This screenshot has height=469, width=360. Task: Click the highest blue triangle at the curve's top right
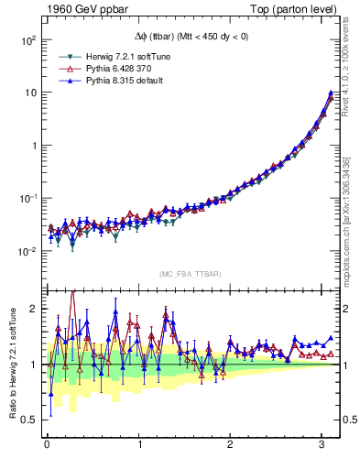click(x=330, y=93)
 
